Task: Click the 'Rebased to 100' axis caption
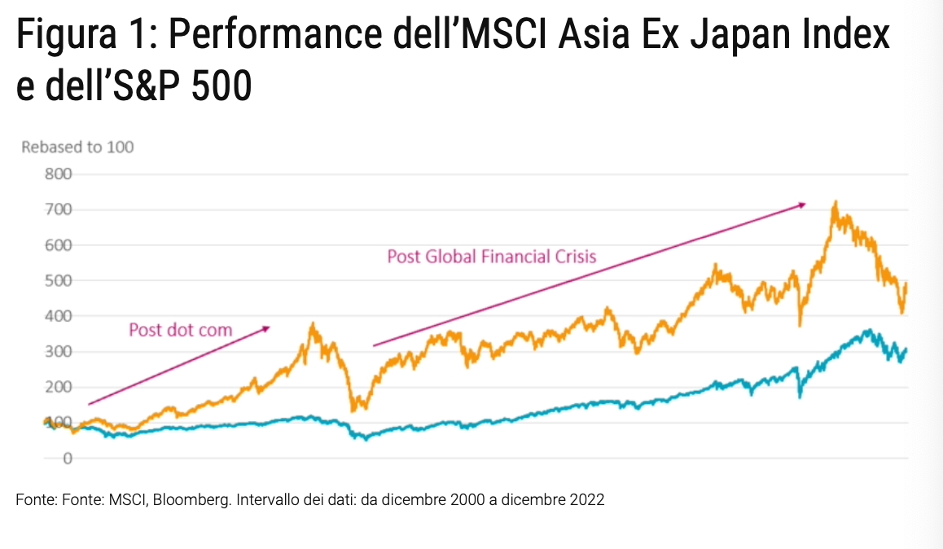point(77,147)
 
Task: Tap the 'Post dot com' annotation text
point(181,330)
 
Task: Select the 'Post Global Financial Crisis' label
point(492,257)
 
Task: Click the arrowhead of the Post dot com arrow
point(265,328)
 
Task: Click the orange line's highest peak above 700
point(835,203)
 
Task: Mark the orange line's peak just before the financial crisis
point(313,325)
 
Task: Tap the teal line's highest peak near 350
point(870,331)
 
